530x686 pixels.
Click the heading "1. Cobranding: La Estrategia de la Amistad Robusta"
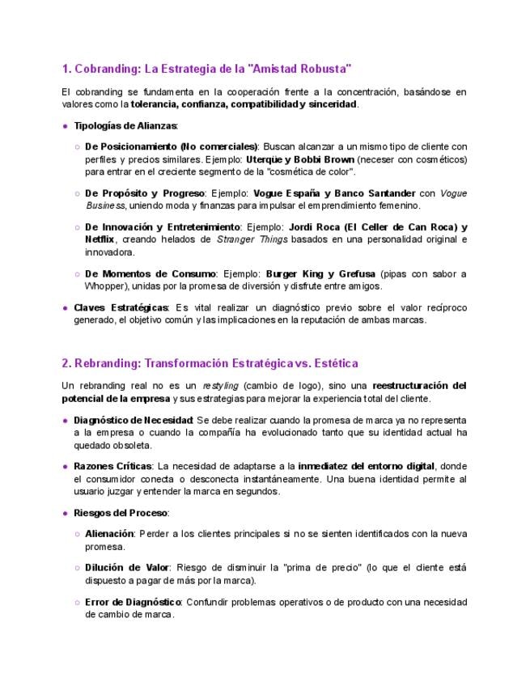(x=206, y=68)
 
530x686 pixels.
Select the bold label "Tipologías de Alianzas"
(x=125, y=125)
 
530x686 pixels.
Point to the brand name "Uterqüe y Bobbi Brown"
(x=299, y=159)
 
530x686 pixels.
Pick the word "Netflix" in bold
(x=100, y=239)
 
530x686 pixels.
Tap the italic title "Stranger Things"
(x=247, y=239)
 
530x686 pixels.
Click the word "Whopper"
(x=105, y=286)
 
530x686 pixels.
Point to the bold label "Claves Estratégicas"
(x=121, y=307)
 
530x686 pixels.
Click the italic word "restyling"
(x=220, y=386)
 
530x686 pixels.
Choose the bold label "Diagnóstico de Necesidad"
(x=133, y=420)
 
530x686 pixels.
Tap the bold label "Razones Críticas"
(x=112, y=466)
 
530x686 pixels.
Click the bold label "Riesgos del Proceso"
(x=120, y=513)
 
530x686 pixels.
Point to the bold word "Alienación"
(x=111, y=534)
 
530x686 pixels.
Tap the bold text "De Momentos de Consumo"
(x=150, y=273)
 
